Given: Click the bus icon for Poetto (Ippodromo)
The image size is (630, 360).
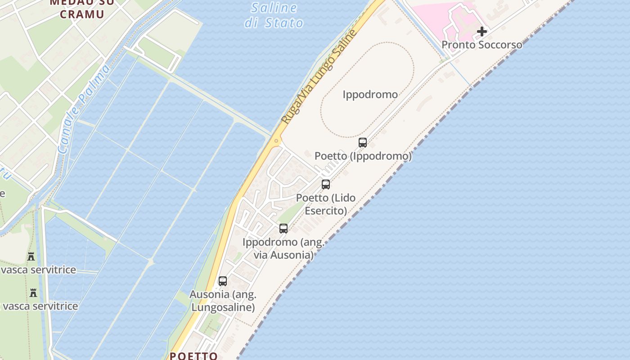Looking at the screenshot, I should [363, 143].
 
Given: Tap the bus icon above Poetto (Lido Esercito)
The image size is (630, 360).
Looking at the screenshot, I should [325, 184].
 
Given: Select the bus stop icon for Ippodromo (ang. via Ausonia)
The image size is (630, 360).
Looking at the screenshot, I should [283, 228].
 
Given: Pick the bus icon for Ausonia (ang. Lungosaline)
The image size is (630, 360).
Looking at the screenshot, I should [223, 281].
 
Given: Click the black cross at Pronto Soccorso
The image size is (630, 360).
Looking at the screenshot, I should [482, 31].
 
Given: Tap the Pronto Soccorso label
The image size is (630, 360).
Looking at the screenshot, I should [481, 45].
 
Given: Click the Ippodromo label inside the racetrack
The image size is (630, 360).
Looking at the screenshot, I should [370, 94].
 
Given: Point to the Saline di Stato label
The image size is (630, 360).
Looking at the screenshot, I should [274, 15].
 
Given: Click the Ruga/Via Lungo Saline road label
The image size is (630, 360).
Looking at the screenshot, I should [319, 77].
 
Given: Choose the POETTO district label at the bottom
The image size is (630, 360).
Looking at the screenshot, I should [193, 355].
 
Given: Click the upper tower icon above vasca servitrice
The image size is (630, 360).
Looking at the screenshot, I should [31, 256].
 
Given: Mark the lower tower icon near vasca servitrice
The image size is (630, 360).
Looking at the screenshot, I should [33, 293].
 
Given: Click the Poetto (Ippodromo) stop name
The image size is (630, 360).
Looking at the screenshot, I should [363, 156].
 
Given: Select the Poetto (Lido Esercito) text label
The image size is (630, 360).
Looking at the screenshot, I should [326, 204].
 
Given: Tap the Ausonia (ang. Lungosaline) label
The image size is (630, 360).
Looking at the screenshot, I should [223, 301].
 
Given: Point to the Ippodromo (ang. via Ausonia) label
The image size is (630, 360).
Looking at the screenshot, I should [283, 248].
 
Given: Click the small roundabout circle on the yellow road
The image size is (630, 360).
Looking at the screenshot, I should [276, 141].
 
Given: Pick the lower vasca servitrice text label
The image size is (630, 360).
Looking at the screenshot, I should [40, 306].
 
